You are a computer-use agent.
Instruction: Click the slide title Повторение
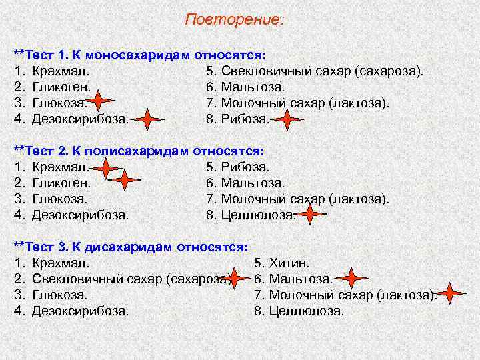coord(234,20)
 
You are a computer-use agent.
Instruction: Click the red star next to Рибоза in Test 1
coord(287,120)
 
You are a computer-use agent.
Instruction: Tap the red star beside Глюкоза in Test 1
coord(99,101)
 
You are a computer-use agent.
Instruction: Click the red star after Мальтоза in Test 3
coord(353,278)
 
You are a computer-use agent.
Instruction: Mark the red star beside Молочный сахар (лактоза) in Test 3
coord(451,293)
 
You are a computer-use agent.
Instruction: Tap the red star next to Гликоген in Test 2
coord(125,179)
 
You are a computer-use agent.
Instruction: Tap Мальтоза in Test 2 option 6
coord(253,183)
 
